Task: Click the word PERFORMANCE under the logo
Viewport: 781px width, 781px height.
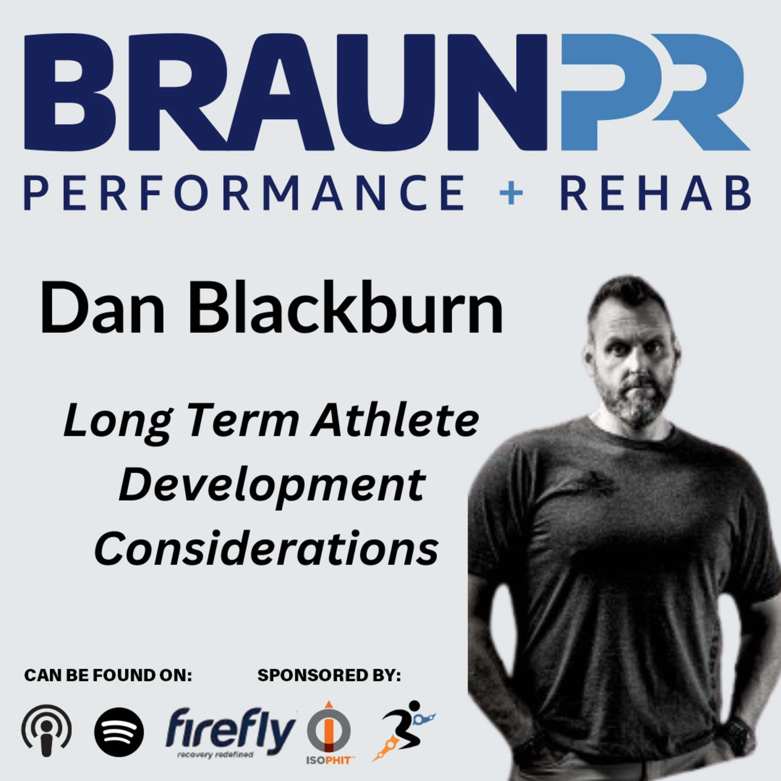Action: (x=244, y=192)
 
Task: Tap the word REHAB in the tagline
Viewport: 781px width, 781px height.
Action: (x=656, y=192)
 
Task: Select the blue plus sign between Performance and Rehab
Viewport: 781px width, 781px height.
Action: (x=511, y=194)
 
